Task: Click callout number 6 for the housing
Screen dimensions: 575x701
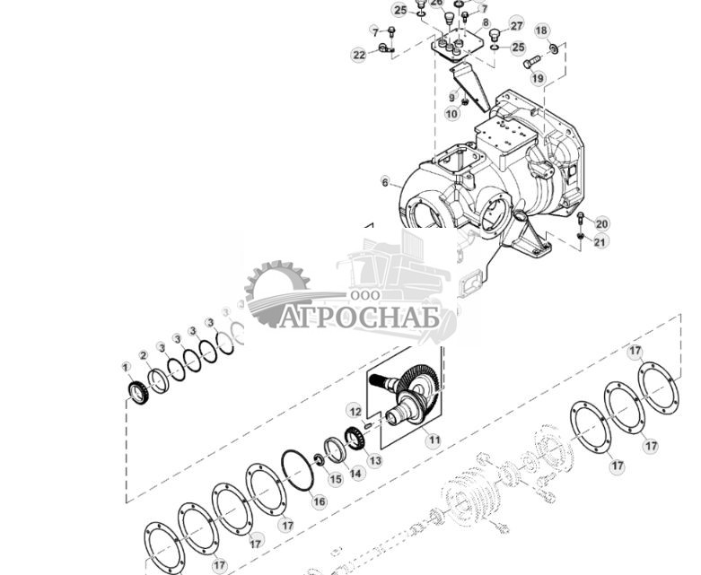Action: tap(386, 182)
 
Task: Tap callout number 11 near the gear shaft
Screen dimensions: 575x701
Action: tap(434, 440)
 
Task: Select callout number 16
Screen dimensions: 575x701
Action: tap(319, 501)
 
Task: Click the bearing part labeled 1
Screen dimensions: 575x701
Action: tap(136, 393)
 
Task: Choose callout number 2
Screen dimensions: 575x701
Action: tap(144, 356)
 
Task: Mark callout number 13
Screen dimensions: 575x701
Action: tap(374, 460)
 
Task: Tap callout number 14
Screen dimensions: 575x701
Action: tap(356, 473)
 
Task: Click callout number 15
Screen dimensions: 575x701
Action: tap(335, 479)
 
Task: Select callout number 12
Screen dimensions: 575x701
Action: tap(355, 411)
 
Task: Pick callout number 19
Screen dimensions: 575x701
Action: tap(538, 79)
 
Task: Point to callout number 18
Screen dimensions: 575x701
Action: tap(541, 30)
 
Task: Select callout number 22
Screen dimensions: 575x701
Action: tap(359, 56)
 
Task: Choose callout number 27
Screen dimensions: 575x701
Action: tap(516, 24)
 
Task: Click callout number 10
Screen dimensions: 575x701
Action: tap(451, 114)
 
